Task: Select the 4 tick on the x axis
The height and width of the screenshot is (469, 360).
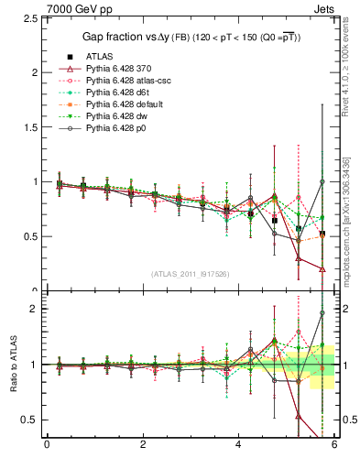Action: pos(238,444)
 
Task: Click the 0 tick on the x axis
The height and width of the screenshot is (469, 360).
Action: pos(47,444)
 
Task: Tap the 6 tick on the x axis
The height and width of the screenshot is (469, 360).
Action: pos(333,444)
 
